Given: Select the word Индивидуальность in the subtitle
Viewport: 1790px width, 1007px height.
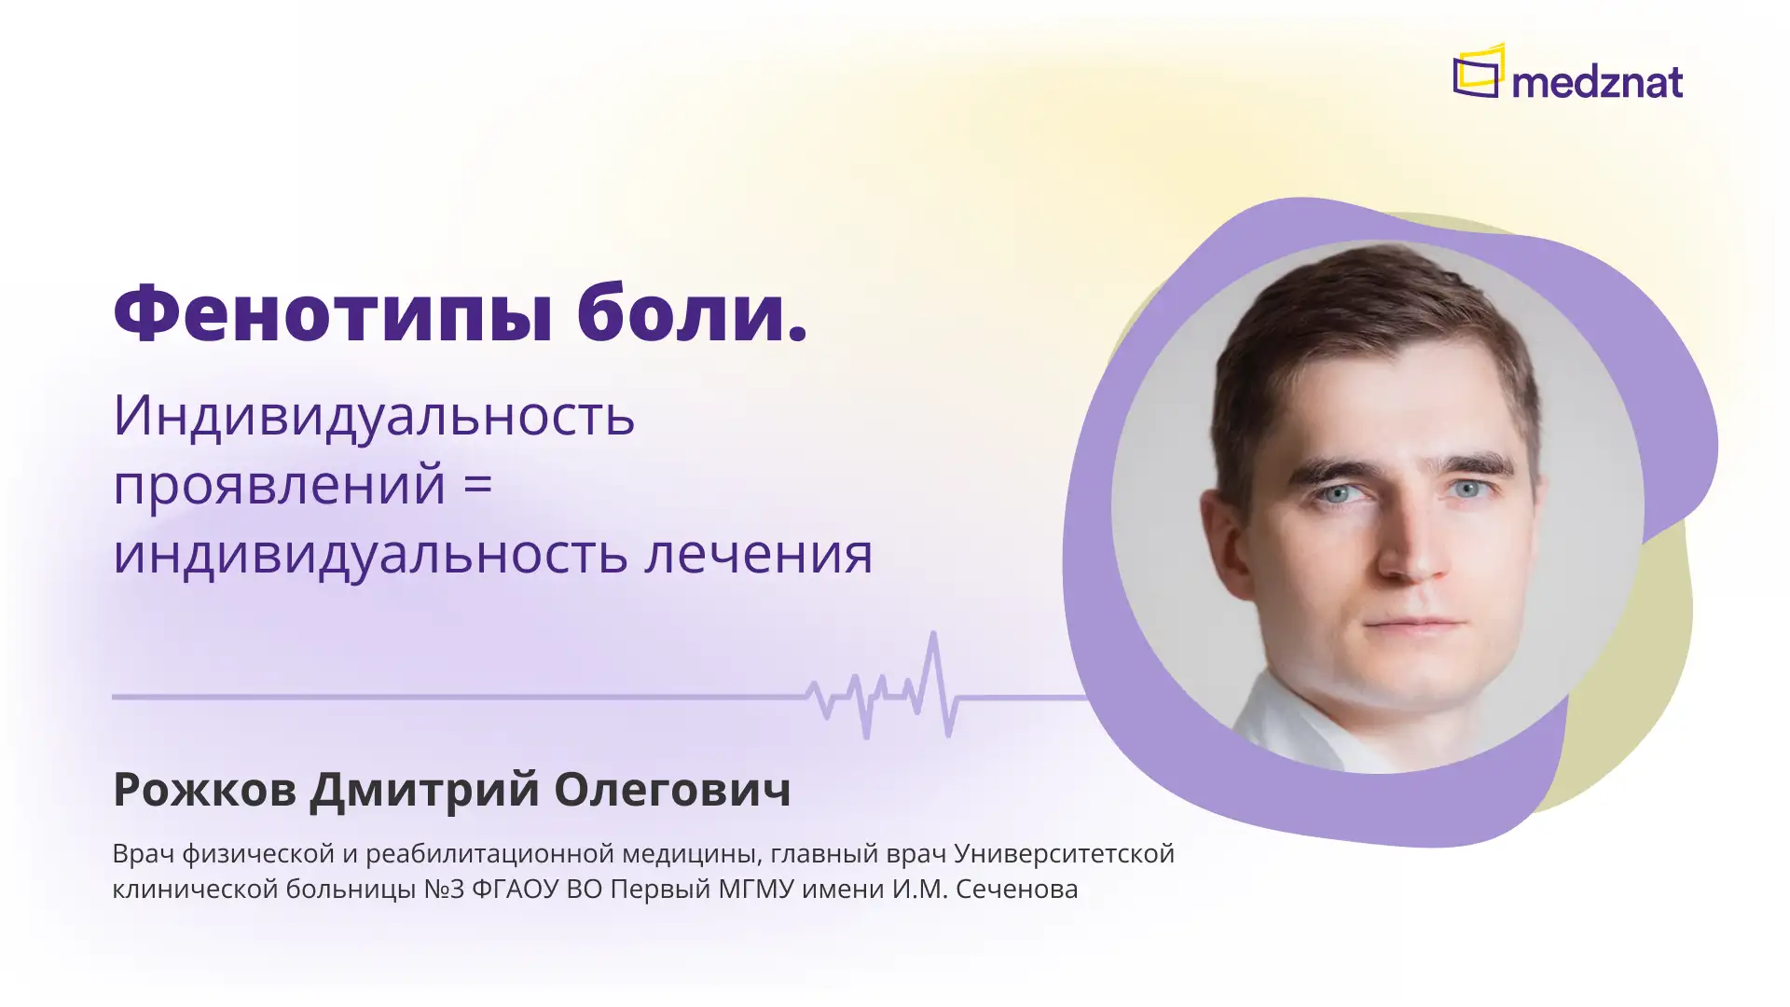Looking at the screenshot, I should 374,415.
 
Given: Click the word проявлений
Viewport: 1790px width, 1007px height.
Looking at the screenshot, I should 279,485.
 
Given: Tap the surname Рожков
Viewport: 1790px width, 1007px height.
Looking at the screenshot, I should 204,789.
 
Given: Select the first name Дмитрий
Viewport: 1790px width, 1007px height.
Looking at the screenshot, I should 424,789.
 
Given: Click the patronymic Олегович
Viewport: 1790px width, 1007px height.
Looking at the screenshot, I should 672,789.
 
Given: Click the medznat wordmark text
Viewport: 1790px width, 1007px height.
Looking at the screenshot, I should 1597,82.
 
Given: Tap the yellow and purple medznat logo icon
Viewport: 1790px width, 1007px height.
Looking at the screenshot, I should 1479,71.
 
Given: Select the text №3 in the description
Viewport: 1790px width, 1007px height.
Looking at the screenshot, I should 444,889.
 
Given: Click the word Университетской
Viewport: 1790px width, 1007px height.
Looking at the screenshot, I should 1064,853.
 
